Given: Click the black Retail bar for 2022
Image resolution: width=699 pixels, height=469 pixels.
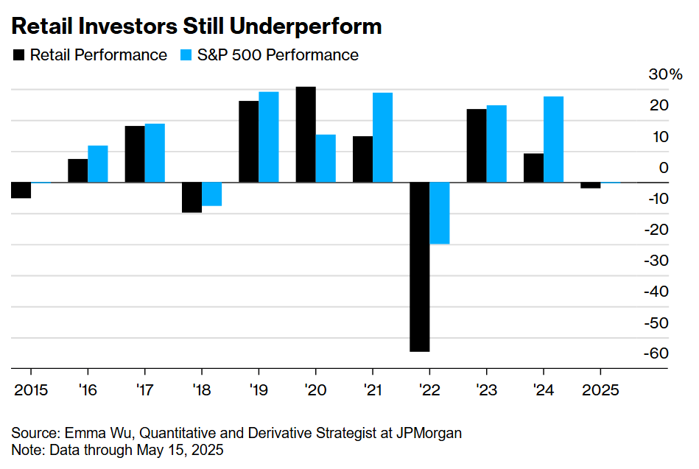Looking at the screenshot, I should pos(420,267).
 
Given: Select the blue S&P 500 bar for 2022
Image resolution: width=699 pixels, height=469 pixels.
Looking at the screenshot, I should pos(440,213).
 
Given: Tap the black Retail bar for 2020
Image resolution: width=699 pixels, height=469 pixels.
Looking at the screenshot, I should pos(306,134).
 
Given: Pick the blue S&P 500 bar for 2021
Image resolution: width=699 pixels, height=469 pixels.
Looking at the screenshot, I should pos(382,137).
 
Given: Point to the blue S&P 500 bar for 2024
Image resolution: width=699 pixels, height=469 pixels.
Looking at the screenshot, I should pos(553,139).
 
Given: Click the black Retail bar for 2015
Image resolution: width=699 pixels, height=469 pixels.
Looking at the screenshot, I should pos(21,190).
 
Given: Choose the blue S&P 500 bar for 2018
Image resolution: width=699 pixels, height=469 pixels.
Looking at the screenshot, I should pos(211,194).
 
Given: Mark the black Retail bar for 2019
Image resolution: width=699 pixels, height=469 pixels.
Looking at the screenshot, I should pos(249,141).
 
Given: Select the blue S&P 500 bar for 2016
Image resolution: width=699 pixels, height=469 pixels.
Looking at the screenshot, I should pos(98,163).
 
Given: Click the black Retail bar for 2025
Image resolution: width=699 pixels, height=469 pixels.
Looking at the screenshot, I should pos(591,185).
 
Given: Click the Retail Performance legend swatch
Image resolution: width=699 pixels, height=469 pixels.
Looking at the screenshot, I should pos(18,55).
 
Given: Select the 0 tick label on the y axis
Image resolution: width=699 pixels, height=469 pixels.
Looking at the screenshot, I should pos(664,168).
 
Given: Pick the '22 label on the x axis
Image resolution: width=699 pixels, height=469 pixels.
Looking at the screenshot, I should pos(429,388).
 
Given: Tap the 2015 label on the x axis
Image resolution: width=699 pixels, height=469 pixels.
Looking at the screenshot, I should pos(30,388).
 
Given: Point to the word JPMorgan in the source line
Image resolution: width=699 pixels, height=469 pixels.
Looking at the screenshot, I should pos(430,432).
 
